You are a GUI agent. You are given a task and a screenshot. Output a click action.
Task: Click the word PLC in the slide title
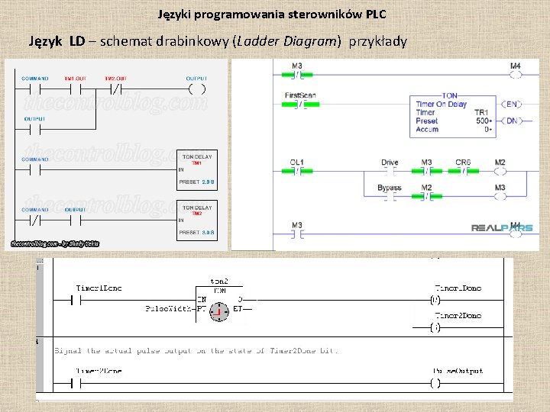pyautogui.click(x=376, y=14)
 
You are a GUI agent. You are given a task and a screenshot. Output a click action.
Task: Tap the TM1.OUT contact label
pyautogui.click(x=75, y=79)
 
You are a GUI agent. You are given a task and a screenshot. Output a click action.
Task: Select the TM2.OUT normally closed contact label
pyautogui.click(x=115, y=79)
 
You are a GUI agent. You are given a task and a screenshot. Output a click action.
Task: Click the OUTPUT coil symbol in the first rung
pyautogui.click(x=196, y=89)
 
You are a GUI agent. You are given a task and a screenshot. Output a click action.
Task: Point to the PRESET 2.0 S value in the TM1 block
pyautogui.click(x=197, y=182)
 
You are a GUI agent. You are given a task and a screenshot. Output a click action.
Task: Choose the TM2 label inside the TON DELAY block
pyautogui.click(x=196, y=214)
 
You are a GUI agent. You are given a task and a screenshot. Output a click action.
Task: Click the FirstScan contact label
pyautogui.click(x=300, y=95)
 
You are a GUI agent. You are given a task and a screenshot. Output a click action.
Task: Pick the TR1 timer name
pyautogui.click(x=481, y=112)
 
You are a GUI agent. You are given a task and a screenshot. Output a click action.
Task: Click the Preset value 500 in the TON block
pyautogui.click(x=482, y=121)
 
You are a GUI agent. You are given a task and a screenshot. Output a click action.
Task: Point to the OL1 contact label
pyautogui.click(x=297, y=162)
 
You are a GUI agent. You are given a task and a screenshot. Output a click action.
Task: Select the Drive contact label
pyautogui.click(x=390, y=162)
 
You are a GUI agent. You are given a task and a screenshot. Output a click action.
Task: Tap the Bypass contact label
pyautogui.click(x=389, y=188)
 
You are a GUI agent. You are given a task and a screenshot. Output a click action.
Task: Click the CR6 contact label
pyautogui.click(x=463, y=162)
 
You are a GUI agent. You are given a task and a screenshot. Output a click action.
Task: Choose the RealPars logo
pyautogui.click(x=501, y=227)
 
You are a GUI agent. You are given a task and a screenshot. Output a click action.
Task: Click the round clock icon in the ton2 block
pyautogui.click(x=218, y=311)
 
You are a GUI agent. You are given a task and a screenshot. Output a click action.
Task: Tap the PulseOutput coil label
pyautogui.click(x=458, y=372)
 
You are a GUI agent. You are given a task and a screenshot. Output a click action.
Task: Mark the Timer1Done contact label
pyautogui.click(x=99, y=288)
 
